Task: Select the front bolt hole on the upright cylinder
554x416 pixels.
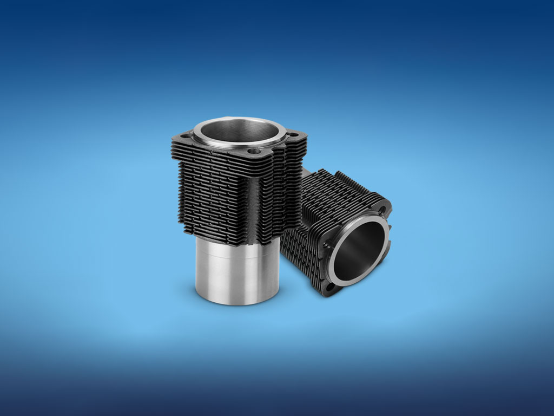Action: (x=254, y=152)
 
